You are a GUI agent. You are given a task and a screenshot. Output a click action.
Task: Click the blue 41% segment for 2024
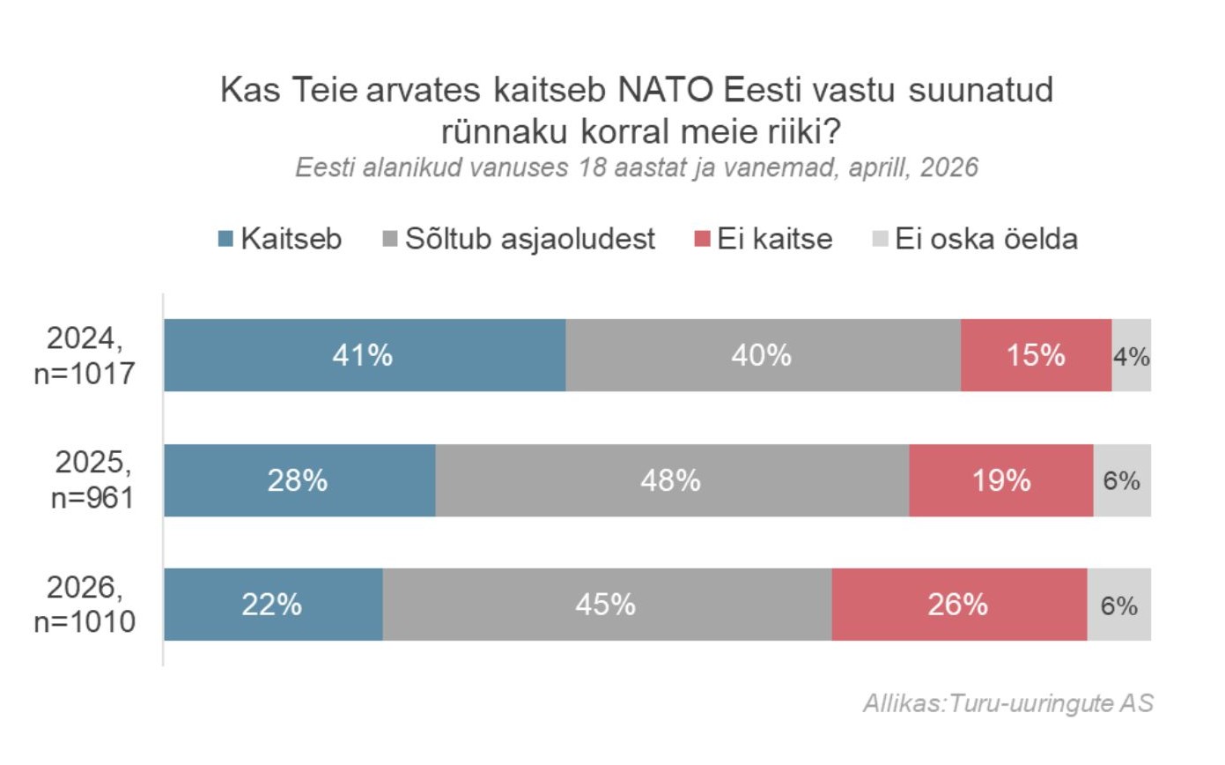click(365, 355)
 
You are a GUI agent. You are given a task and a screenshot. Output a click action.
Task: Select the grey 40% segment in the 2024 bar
click(763, 355)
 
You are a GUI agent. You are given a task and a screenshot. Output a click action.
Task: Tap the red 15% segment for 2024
click(1036, 355)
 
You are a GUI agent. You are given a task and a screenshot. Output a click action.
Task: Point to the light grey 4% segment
click(1132, 355)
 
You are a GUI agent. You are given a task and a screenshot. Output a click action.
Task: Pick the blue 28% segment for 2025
click(299, 480)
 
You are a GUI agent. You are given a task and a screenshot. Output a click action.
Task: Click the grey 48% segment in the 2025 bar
click(672, 480)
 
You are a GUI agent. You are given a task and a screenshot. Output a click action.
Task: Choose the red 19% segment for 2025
click(1001, 480)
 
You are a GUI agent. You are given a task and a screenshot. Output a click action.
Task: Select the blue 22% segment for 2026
click(273, 605)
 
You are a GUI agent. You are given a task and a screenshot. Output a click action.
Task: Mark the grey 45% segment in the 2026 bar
click(607, 605)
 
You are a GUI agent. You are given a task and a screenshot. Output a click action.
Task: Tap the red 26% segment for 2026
click(959, 605)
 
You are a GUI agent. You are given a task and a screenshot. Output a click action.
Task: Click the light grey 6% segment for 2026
click(1119, 605)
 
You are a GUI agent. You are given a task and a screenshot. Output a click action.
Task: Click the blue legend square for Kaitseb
click(225, 239)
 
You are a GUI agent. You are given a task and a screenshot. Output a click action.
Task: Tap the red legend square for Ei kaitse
click(702, 239)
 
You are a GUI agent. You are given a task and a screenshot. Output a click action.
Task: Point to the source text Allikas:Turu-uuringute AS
click(1007, 703)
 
